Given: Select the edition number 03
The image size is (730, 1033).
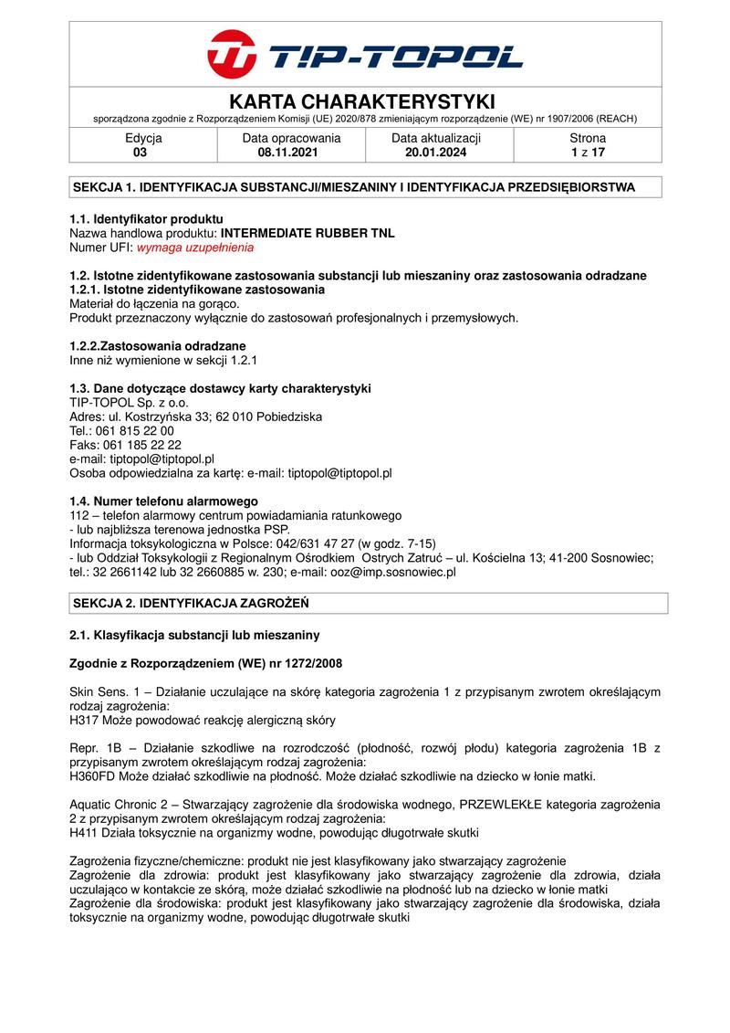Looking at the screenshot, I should (140, 153).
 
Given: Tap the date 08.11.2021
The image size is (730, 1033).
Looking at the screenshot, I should (291, 153).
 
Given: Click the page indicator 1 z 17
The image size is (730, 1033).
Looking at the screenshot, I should (588, 153).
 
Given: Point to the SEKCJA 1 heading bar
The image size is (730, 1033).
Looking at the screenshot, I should (369, 187).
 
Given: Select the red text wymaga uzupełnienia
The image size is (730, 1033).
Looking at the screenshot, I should (195, 248).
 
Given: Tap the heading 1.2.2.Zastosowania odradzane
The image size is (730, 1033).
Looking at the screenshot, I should (158, 346).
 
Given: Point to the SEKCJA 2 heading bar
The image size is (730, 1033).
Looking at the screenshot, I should (369, 604).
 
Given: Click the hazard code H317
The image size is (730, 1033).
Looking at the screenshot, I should (85, 719).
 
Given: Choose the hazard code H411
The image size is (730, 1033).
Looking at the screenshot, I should (85, 833).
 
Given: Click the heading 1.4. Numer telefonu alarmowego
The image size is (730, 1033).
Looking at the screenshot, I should (164, 501).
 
